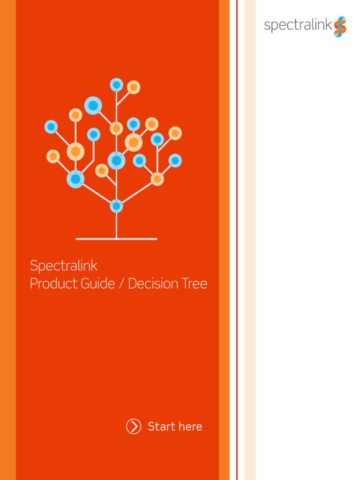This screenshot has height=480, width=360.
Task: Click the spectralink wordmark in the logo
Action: click(298, 25)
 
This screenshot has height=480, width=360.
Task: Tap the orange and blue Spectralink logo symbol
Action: click(340, 27)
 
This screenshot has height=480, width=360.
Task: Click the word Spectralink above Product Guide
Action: click(64, 266)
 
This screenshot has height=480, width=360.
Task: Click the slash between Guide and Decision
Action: click(121, 284)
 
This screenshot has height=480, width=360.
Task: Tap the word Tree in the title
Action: click(195, 284)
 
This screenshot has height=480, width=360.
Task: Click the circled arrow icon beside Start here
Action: click(134, 427)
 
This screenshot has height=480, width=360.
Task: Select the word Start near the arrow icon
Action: click(162, 427)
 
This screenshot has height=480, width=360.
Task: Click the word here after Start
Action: click(190, 427)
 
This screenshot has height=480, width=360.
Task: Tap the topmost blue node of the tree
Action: click(116, 85)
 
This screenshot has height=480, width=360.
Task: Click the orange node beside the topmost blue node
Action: click(134, 87)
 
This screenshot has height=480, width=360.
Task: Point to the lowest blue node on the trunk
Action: click(116, 206)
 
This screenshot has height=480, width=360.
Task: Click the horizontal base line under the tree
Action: click(116, 239)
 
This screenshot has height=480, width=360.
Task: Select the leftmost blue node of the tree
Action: click(51, 127)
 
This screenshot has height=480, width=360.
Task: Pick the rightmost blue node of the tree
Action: click(175, 161)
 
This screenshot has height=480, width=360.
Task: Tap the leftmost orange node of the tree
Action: click(53, 157)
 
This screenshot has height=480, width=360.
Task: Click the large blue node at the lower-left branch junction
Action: click(75, 179)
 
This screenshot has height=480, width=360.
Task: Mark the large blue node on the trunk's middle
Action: click(116, 161)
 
